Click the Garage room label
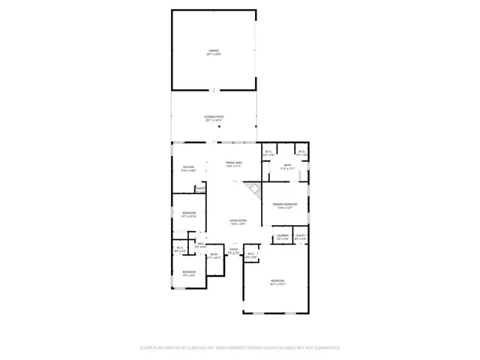point(214,51)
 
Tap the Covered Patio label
point(214,117)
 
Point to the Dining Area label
point(234,162)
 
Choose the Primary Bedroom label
point(285,204)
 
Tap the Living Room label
point(238,220)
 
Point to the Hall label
point(200,243)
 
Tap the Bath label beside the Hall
point(214,254)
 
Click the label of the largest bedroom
point(277,280)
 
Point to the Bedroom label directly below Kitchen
point(189,213)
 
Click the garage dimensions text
point(214,55)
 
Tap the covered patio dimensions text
point(214,121)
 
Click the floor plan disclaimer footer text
point(240,347)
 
